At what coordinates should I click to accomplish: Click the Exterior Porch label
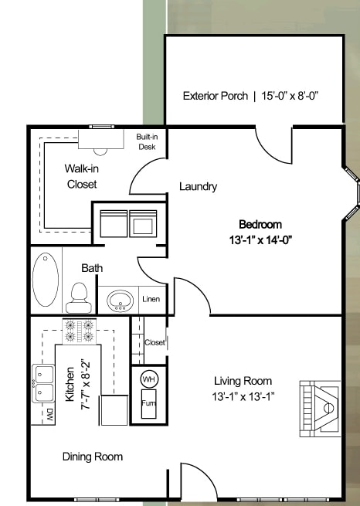251,97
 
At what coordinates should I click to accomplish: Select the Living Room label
243,381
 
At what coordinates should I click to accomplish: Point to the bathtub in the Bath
46,280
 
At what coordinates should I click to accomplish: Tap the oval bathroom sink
119,300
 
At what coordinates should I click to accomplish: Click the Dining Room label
93,457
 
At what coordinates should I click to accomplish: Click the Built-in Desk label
147,141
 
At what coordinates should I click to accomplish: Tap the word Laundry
198,186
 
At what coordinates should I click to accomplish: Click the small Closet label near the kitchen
155,342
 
